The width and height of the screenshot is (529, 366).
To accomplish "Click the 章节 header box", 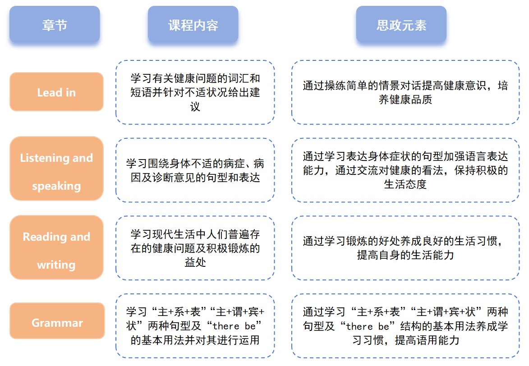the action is (x=55, y=25).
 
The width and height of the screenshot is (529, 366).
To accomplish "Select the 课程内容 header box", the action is (x=193, y=25).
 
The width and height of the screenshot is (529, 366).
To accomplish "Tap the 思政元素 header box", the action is (x=401, y=25).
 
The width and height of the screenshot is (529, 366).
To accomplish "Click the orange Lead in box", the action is (x=56, y=92).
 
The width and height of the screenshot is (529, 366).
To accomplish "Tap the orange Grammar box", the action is (x=57, y=322).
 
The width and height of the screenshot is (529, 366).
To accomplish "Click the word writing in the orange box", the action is (x=56, y=265).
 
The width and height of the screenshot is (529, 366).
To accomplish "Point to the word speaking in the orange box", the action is (x=56, y=186).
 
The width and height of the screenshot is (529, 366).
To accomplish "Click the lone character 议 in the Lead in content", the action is (x=195, y=107).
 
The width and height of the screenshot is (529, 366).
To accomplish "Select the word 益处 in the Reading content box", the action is (x=195, y=262).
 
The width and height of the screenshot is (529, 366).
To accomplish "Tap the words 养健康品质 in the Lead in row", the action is (x=405, y=100).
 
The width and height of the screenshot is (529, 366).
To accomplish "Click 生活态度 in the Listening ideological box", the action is (x=405, y=184).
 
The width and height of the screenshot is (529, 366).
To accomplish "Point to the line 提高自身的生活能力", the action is (x=405, y=255).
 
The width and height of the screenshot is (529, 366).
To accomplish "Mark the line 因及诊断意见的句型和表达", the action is (x=195, y=177).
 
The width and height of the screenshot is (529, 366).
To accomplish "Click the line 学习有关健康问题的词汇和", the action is (x=195, y=78).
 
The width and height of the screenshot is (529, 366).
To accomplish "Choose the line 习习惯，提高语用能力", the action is (x=405, y=340).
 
